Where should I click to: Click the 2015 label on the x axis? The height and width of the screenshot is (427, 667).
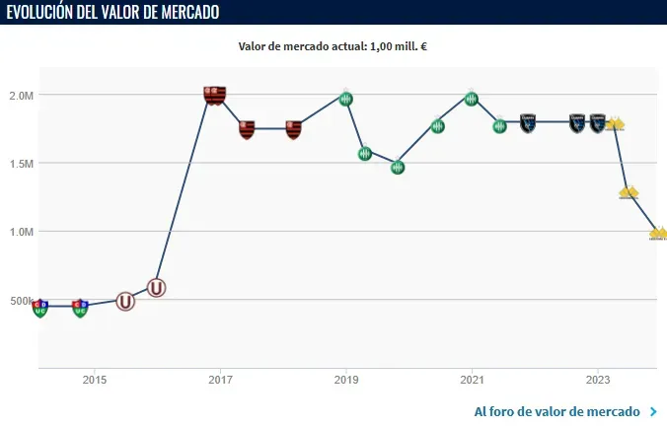point(95,380)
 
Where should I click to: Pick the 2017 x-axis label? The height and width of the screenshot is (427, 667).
point(220,380)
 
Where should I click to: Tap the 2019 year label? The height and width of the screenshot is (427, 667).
point(345,380)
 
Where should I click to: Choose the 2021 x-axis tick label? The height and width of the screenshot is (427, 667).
point(472,380)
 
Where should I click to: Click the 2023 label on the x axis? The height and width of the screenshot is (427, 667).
point(597,380)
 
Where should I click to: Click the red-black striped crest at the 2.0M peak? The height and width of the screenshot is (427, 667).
point(215,96)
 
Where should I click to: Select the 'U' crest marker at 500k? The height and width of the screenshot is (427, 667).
point(125,301)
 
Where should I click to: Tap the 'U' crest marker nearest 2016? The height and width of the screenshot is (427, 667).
point(156,288)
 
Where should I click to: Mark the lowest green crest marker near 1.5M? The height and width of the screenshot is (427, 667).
point(397,167)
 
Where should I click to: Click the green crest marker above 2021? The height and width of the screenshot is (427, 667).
point(472,99)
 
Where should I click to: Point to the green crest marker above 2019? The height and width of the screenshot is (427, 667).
point(345,99)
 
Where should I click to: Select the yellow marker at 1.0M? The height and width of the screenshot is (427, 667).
point(658,234)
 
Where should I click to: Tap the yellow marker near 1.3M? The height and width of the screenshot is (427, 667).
point(629,192)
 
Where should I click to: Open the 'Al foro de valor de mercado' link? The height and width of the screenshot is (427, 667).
point(557,411)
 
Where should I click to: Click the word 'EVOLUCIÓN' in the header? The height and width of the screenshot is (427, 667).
point(49,12)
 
